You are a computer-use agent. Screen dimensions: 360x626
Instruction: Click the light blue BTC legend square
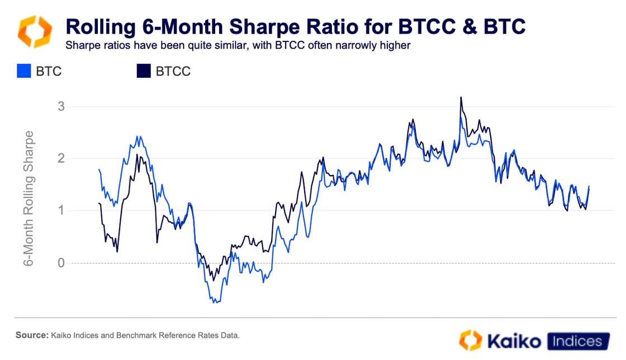pyautogui.click(x=23, y=72)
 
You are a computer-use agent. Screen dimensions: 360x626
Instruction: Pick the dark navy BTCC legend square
pyautogui.click(x=144, y=72)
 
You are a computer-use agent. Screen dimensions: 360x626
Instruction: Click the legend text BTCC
pyautogui.click(x=173, y=72)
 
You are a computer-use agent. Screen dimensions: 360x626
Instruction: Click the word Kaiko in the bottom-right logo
pyautogui.click(x=516, y=341)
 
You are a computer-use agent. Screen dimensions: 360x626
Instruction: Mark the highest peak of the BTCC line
pyautogui.click(x=461, y=97)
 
